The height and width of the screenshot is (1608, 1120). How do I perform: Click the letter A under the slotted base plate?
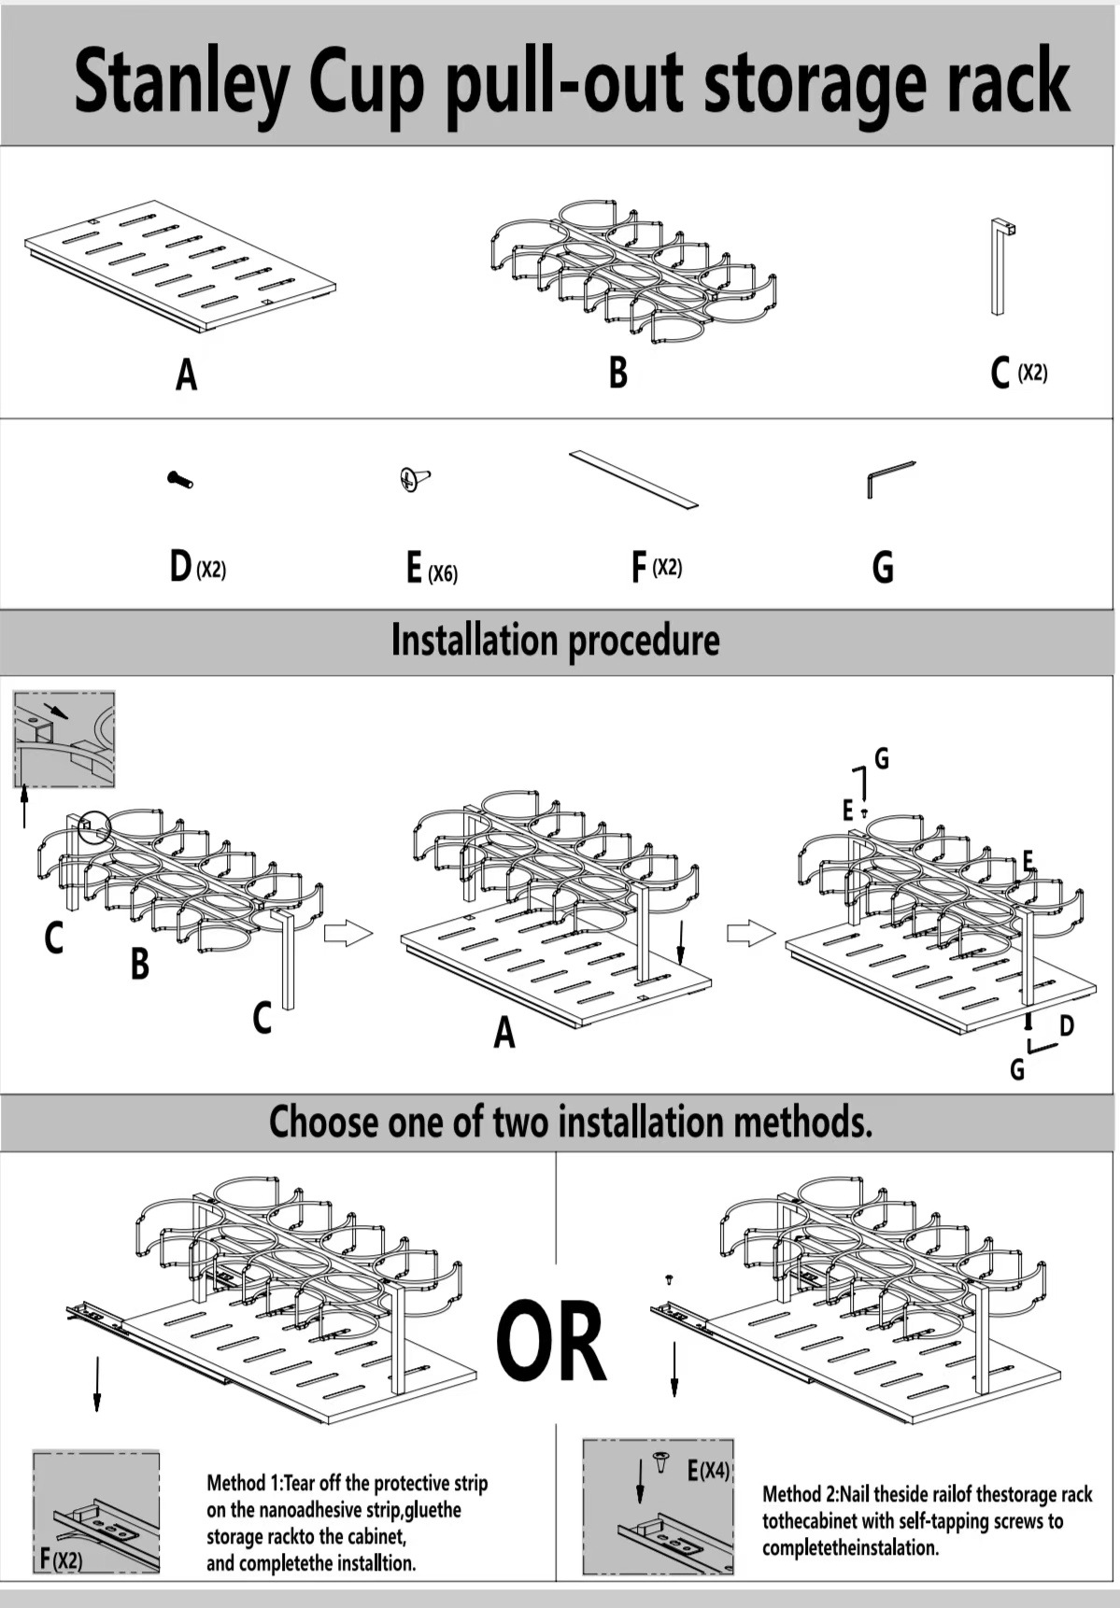(187, 374)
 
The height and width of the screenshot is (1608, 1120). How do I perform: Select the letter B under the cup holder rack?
(617, 372)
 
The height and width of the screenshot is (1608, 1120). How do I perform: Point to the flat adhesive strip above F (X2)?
(633, 480)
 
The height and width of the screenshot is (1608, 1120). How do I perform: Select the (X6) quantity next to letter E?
(443, 572)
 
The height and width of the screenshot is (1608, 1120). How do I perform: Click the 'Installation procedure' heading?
(555, 641)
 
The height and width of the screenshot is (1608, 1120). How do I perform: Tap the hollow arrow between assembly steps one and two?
(347, 932)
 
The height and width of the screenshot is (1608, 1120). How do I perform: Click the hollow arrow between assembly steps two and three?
(751, 932)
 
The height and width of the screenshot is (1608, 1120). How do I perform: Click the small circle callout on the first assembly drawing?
(92, 825)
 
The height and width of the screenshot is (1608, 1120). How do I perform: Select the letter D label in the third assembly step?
(1066, 1026)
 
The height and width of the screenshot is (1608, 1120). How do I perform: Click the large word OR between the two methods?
(551, 1341)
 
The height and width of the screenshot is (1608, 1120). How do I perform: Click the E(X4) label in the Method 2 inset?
(708, 1472)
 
